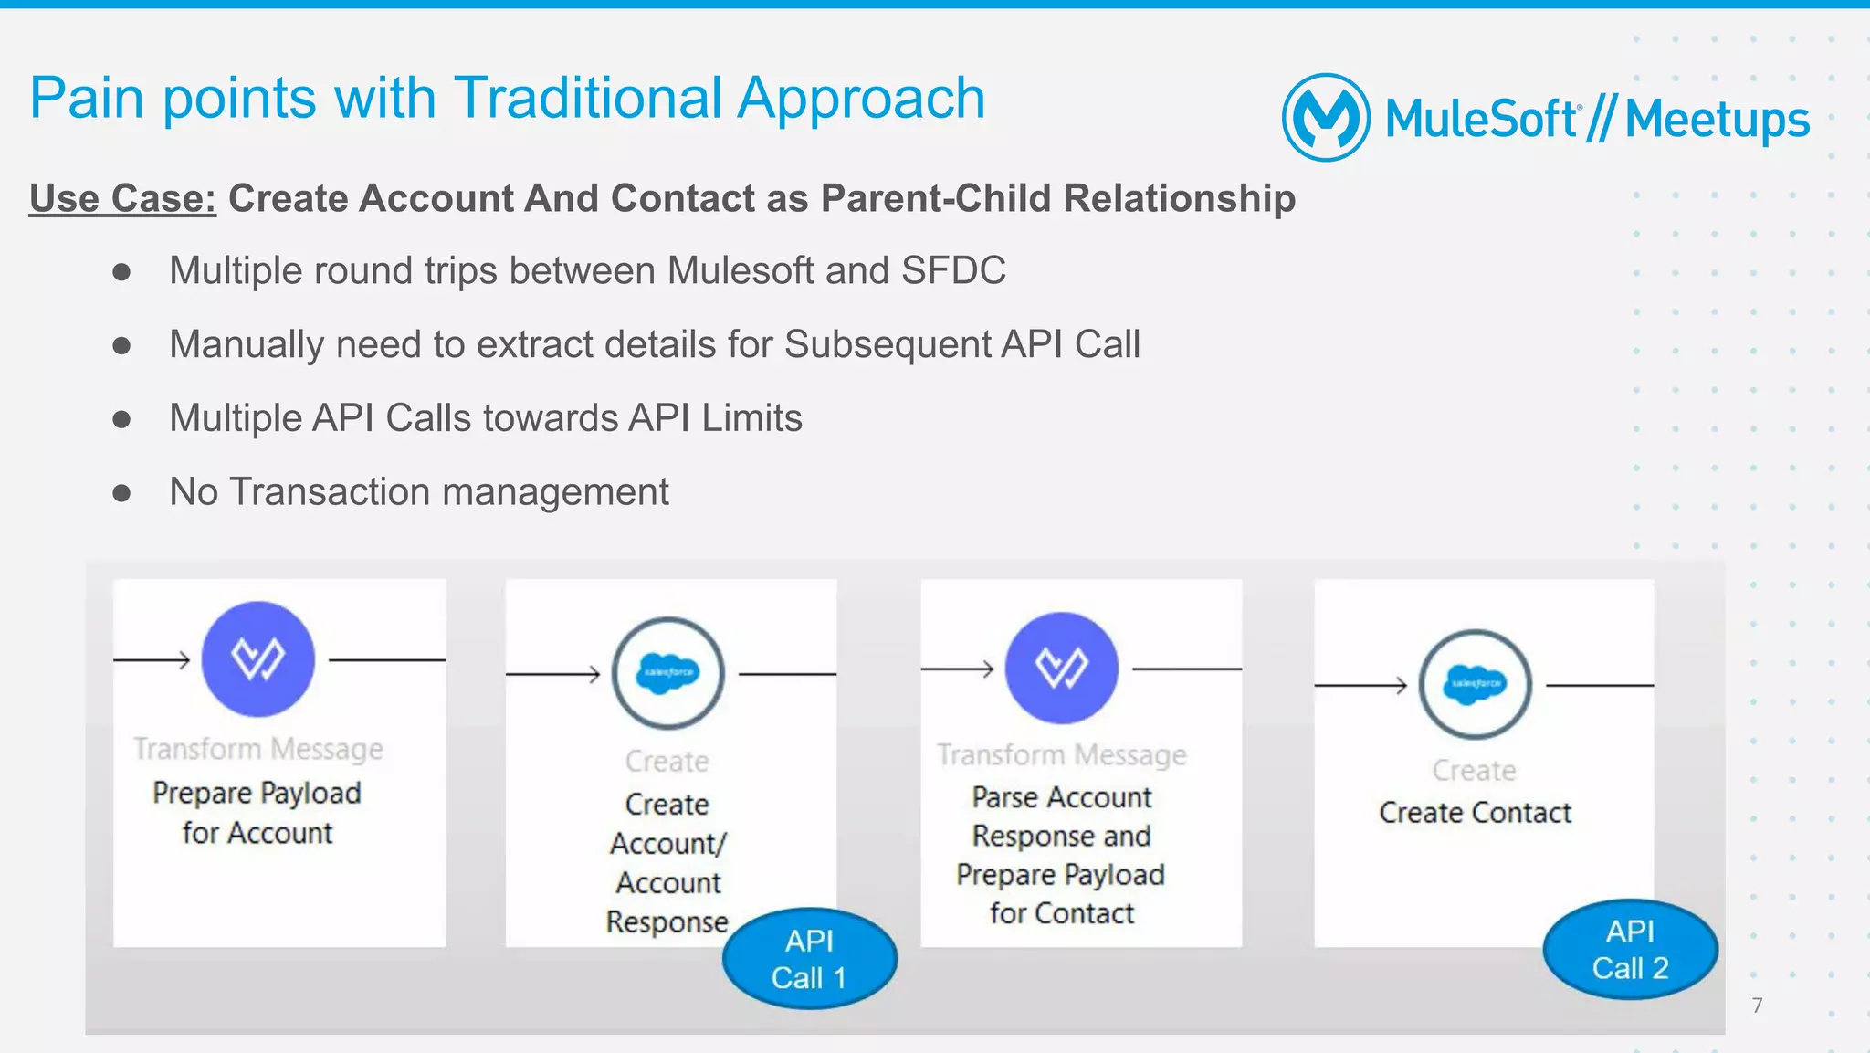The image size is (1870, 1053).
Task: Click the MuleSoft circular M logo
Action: tap(1325, 118)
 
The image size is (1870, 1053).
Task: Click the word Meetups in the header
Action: tap(1717, 120)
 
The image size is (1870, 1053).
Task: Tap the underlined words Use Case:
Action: tap(122, 198)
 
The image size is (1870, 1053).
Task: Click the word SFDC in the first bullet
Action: tap(953, 270)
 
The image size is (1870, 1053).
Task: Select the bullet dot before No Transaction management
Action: tap(121, 493)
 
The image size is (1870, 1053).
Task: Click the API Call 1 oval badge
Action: tap(809, 959)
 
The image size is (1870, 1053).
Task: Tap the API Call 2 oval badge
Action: tap(1630, 950)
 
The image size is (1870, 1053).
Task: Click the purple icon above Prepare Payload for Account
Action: tap(258, 658)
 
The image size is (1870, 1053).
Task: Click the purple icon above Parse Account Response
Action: tap(1061, 668)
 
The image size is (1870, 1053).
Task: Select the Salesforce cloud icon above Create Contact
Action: tap(1475, 683)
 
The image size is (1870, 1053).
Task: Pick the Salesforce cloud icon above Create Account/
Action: tap(667, 673)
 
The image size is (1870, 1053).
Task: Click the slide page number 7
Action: tap(1757, 1006)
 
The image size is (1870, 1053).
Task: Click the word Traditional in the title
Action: tap(588, 98)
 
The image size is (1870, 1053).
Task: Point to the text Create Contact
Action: tap(1475, 813)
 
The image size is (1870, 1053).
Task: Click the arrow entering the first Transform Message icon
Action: tap(152, 659)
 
